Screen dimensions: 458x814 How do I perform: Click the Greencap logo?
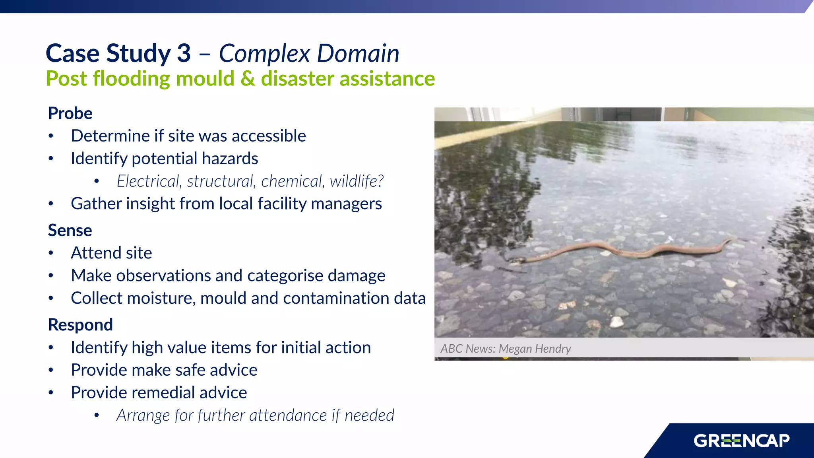(x=741, y=441)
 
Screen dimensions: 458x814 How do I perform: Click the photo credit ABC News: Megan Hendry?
(x=505, y=349)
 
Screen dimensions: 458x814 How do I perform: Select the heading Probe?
(x=70, y=113)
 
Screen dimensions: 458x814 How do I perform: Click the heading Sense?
(x=70, y=231)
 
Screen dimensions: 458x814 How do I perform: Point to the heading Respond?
(x=80, y=325)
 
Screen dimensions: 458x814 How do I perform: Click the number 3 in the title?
(x=184, y=53)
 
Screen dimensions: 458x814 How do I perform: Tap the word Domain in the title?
(x=358, y=53)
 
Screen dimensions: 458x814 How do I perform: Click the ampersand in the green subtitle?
(x=247, y=79)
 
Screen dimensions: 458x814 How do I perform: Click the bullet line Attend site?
(x=111, y=253)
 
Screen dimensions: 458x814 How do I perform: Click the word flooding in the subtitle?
(x=131, y=79)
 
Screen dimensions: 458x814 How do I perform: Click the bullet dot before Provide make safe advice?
(x=51, y=371)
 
